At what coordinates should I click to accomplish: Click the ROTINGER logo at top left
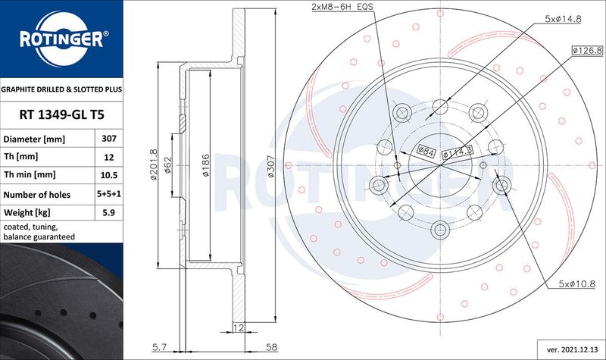coord(62,39)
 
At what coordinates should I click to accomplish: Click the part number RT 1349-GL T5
coord(62,115)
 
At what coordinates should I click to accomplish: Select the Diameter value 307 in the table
coord(109,139)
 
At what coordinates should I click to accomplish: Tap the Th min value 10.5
coord(109,175)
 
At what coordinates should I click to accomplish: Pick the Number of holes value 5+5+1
coord(109,194)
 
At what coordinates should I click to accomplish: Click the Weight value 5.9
coord(109,212)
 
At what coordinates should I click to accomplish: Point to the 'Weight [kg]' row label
coord(27,212)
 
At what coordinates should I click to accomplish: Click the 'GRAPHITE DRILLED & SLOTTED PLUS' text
coord(61,89)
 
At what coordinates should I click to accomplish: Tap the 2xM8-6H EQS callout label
coord(342,7)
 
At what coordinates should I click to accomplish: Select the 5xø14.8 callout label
coord(563,18)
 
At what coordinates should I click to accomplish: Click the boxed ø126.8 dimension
coord(587,50)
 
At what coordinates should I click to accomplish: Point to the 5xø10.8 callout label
coord(576,283)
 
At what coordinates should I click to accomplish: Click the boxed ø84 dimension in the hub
coord(426,151)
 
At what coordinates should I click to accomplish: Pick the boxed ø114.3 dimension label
coord(458,152)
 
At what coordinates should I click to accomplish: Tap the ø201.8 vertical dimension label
coord(154,164)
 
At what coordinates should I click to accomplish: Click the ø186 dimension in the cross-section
coord(205,165)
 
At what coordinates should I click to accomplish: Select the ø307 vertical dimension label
coord(271,166)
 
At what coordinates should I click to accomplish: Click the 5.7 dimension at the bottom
coord(159,347)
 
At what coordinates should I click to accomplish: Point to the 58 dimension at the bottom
coord(272,347)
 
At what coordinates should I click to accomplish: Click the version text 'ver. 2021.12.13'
coord(572,349)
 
